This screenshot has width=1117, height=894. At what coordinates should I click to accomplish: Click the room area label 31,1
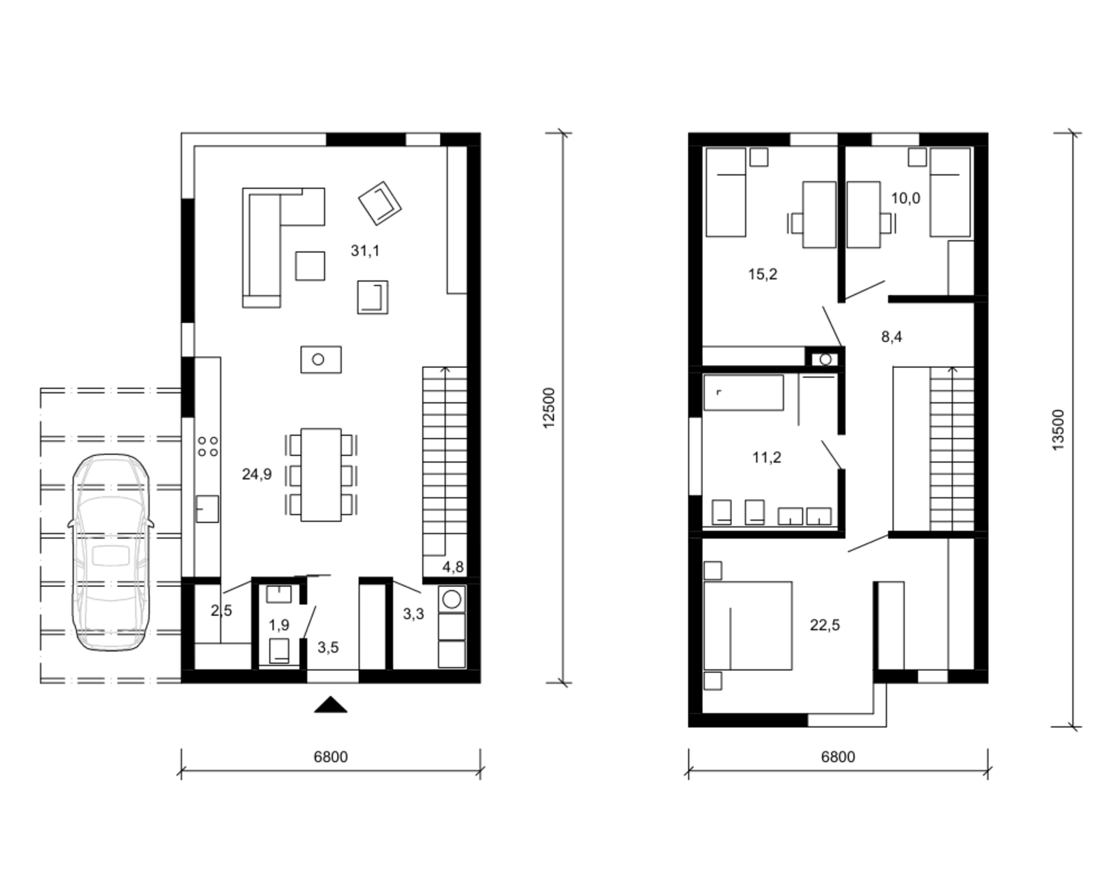point(365,251)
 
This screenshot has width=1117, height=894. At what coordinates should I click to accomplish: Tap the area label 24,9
point(256,475)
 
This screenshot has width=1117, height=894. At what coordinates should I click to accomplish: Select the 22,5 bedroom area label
point(825,625)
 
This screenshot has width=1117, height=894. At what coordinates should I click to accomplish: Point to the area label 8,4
point(891,337)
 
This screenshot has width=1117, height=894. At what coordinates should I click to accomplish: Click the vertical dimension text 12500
point(549,408)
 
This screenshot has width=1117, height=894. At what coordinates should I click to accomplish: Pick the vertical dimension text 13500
point(1058,430)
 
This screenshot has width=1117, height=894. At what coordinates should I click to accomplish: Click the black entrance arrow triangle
point(331,705)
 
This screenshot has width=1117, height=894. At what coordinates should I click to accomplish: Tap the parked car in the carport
point(110,552)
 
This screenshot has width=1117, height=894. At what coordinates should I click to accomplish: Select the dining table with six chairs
point(321,475)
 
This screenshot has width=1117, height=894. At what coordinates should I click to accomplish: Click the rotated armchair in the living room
point(380,203)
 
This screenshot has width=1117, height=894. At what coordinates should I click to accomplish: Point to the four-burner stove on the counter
point(208,447)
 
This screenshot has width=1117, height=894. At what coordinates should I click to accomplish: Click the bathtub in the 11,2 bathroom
point(743,393)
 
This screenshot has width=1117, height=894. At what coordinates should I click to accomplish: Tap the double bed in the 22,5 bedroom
point(748,626)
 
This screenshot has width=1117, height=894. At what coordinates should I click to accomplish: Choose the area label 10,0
point(906,198)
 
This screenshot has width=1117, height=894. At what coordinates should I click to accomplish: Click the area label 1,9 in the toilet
point(279,625)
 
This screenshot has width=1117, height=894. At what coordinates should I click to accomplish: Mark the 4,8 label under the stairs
point(453,567)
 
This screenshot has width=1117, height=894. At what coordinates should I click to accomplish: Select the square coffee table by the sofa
point(311,266)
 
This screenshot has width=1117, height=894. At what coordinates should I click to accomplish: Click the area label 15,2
point(763,273)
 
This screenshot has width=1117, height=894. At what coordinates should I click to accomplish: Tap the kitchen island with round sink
point(321,360)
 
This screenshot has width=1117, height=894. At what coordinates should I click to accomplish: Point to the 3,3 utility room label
point(414,614)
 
